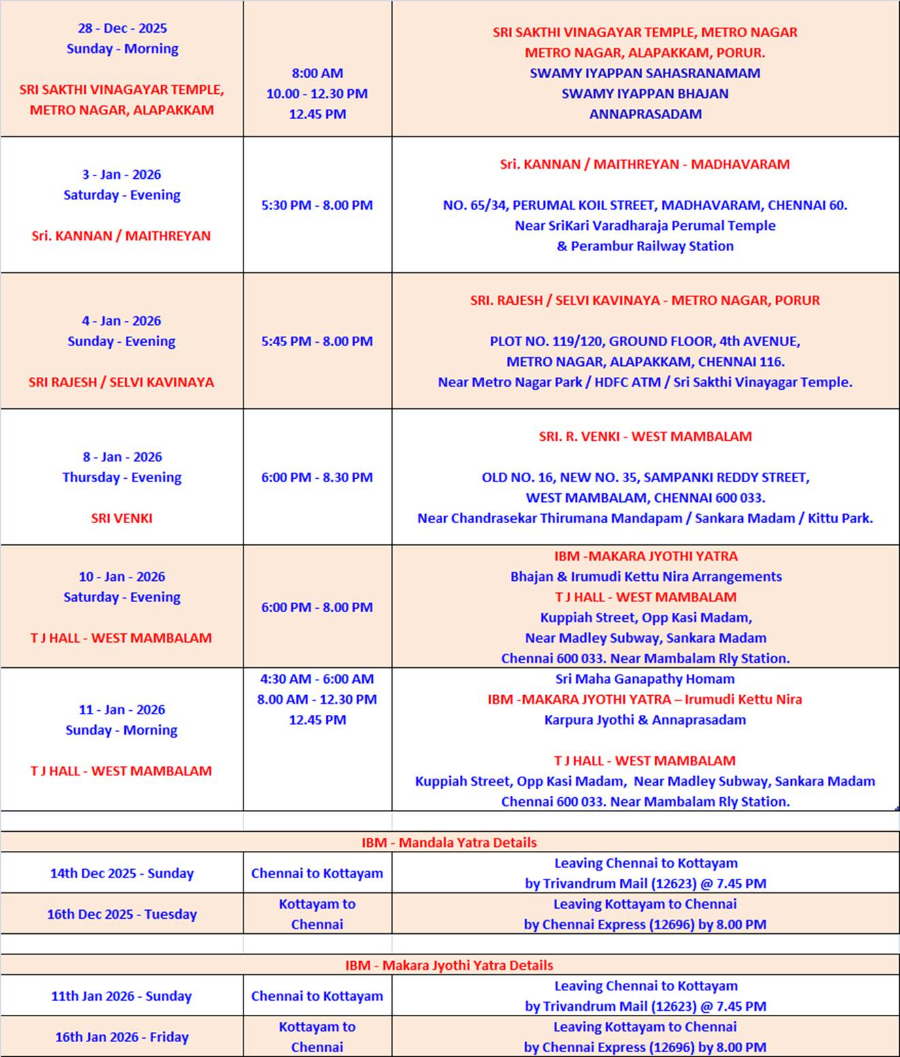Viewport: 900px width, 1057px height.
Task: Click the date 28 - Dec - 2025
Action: click(122, 29)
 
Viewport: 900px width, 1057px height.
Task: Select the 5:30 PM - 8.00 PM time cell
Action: click(317, 205)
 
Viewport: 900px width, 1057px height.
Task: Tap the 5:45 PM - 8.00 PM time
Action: click(317, 341)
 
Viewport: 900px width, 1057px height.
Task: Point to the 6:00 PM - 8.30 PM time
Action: click(317, 477)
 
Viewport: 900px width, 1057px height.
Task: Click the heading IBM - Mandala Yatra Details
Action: click(449, 843)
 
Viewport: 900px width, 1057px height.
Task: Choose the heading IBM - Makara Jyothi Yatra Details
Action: click(449, 965)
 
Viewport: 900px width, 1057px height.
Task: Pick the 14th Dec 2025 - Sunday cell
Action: click(122, 873)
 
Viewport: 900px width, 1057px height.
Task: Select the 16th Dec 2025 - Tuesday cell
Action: click(122, 914)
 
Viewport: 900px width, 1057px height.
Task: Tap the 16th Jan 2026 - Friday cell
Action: click(122, 1037)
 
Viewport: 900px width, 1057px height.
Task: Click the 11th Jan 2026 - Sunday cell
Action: click(122, 996)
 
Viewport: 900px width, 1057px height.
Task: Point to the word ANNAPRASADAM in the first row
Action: click(645, 114)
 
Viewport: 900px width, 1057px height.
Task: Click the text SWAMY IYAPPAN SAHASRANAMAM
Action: click(645, 73)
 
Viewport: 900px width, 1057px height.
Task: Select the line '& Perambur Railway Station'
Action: click(645, 246)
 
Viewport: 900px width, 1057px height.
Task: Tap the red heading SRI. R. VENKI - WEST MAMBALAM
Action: click(645, 437)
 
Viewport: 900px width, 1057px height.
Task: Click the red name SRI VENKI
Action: click(122, 518)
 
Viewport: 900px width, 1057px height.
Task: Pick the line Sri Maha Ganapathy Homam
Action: click(645, 679)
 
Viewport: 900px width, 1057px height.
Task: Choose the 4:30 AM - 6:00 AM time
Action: click(317, 679)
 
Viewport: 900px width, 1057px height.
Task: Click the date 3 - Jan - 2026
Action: click(122, 175)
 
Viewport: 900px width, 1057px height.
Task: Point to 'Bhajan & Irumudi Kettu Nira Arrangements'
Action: click(646, 577)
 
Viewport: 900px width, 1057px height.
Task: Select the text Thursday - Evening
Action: click(122, 477)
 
